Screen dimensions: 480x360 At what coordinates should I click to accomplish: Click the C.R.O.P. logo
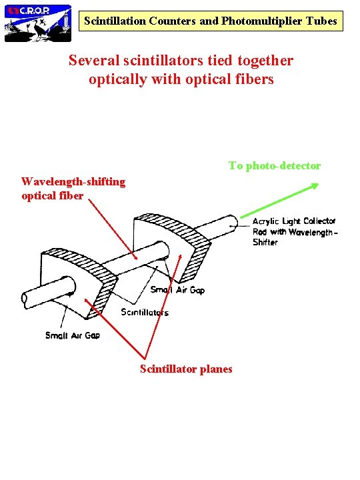click(x=37, y=22)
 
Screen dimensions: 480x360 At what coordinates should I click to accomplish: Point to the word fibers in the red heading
click(x=253, y=79)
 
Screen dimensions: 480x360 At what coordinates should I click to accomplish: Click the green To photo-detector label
click(x=274, y=165)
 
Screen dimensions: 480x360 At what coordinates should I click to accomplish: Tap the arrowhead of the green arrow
click(x=313, y=189)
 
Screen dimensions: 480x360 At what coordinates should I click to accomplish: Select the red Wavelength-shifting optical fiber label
click(x=73, y=189)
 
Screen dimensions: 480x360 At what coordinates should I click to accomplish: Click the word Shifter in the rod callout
click(x=265, y=242)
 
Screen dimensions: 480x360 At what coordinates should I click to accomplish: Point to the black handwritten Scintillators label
click(x=145, y=312)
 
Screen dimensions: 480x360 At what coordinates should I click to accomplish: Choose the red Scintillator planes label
click(x=186, y=369)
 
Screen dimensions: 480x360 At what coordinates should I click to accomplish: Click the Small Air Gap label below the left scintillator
click(x=73, y=335)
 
